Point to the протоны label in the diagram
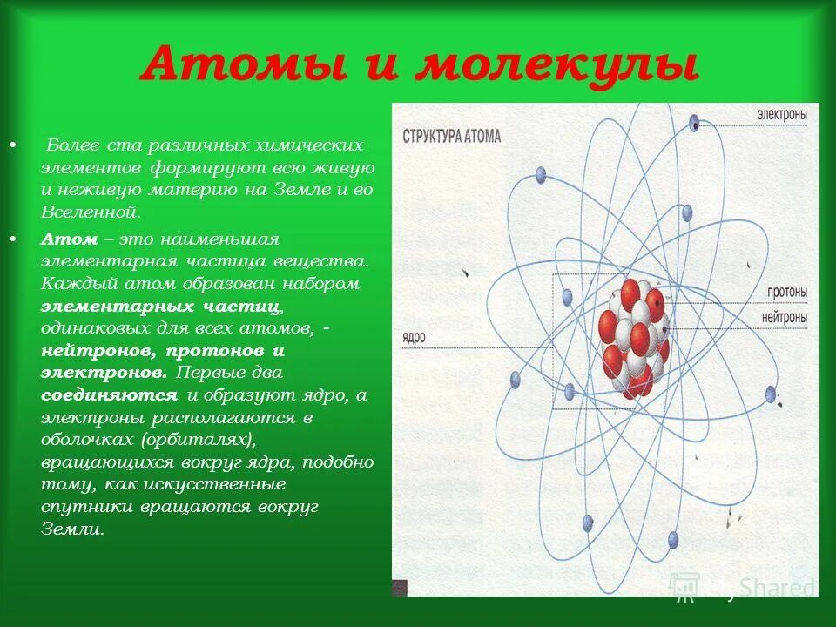point(786,291)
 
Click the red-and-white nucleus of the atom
point(633,340)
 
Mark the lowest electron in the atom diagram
point(671,539)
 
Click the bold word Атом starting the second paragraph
point(70,239)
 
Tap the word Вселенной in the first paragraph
point(90,212)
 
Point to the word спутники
point(84,506)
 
